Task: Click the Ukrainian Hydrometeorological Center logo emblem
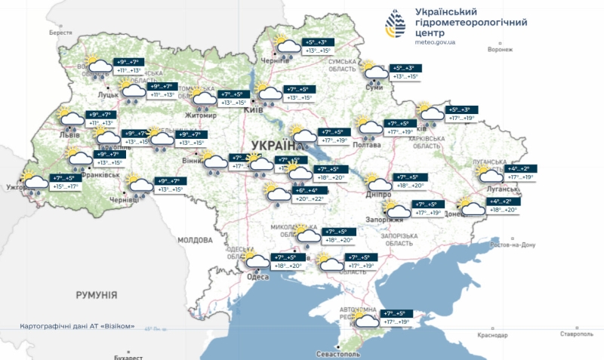point(393,23)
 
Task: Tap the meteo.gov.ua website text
point(436,42)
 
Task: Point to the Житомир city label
point(201,115)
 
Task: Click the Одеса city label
point(258,278)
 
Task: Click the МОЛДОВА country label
point(196,240)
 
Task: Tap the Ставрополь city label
point(578,334)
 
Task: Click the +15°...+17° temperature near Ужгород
point(66,186)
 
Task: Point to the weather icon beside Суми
point(374,72)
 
